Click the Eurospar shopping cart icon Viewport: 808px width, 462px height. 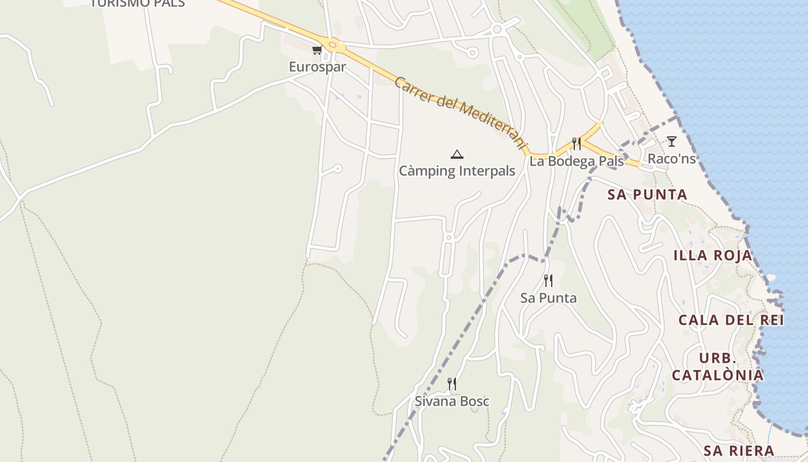click(317, 50)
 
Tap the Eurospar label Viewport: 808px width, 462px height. click(317, 67)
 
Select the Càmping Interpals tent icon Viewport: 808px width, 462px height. click(457, 154)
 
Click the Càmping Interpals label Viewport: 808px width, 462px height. click(457, 172)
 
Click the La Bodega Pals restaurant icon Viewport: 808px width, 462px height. click(576, 144)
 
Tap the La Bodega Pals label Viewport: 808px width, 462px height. click(577, 161)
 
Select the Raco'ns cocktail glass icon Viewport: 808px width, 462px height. click(671, 141)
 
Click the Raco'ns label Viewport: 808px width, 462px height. click(671, 158)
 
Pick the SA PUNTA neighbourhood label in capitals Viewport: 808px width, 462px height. click(647, 195)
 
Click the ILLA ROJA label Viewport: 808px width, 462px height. click(713, 255)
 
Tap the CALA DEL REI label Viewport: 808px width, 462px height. click(730, 320)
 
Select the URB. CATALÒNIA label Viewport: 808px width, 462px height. click(718, 367)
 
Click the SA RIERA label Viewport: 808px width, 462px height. click(739, 450)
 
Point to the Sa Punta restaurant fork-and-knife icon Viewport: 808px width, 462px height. click(548, 281)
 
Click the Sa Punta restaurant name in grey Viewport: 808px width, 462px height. click(548, 298)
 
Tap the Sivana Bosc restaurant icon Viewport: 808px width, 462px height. click(452, 383)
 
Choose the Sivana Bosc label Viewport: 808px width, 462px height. click(452, 401)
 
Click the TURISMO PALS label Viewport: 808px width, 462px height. click(137, 3)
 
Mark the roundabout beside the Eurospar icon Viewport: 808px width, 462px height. click(332, 44)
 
